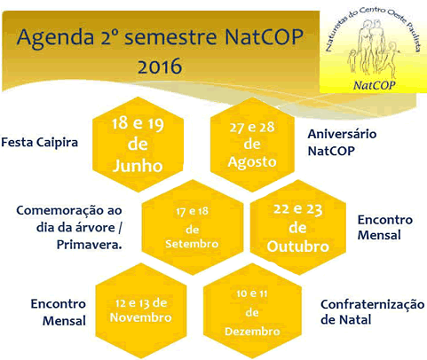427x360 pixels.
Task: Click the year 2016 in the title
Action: click(x=160, y=67)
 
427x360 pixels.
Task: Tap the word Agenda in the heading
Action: click(x=55, y=38)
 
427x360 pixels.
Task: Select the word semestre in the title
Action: click(x=170, y=37)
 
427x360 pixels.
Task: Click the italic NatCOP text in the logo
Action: click(x=375, y=85)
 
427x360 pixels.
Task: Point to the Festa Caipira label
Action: click(x=40, y=143)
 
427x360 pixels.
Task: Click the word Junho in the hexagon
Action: click(x=138, y=166)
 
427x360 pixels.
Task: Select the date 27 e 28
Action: click(x=252, y=128)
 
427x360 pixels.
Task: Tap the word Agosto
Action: click(x=252, y=162)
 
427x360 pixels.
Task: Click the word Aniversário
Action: click(x=343, y=134)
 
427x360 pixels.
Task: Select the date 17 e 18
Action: click(x=193, y=211)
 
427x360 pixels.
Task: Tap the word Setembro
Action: click(x=192, y=244)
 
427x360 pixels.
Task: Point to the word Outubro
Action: click(x=298, y=247)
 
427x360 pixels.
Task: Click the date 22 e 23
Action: click(x=298, y=209)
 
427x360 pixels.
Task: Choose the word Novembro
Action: click(x=141, y=317)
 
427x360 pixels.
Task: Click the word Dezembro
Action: click(x=252, y=332)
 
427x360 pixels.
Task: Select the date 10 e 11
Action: click(x=252, y=293)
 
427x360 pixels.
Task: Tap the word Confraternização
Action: click(x=373, y=304)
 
